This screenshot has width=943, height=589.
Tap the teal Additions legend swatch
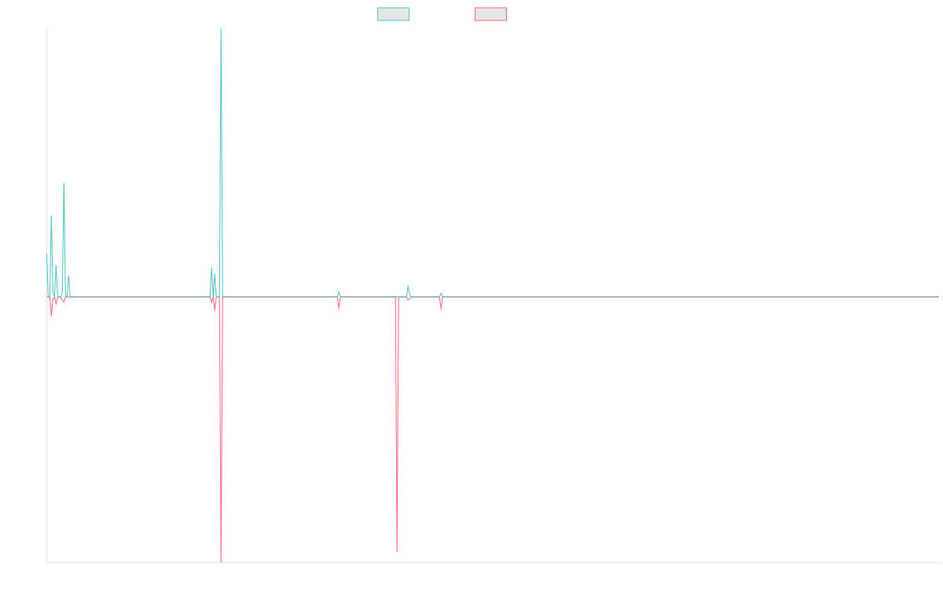coord(394,14)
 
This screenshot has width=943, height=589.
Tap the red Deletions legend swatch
coord(490,14)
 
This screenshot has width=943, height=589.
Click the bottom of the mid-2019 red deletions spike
coord(397,551)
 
